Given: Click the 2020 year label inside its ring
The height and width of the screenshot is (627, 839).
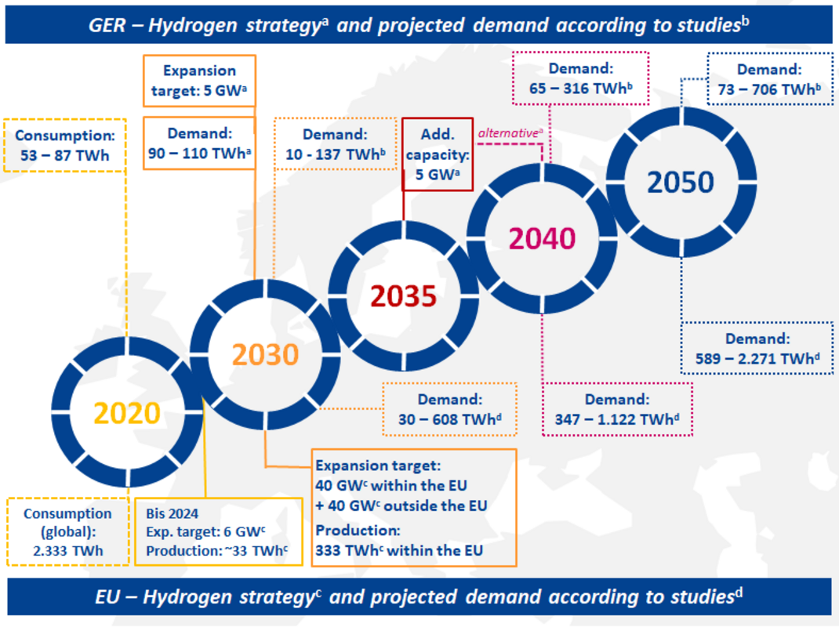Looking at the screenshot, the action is pyautogui.click(x=127, y=413).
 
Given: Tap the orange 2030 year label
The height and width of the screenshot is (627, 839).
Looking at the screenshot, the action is pyautogui.click(x=265, y=355).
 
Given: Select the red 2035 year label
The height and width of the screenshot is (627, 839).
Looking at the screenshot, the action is pyautogui.click(x=404, y=296).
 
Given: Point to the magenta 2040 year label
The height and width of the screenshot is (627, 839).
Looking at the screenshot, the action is pyautogui.click(x=542, y=238).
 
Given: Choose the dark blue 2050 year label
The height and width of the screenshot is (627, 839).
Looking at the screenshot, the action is pyautogui.click(x=681, y=183).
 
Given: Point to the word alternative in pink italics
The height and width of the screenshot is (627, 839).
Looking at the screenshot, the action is pyautogui.click(x=508, y=133).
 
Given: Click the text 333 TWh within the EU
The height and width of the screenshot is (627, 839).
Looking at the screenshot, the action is pyautogui.click(x=399, y=550).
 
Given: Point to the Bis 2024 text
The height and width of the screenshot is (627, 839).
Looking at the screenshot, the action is pyautogui.click(x=173, y=513).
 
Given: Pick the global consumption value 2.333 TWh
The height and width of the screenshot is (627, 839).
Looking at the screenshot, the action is pyautogui.click(x=68, y=550).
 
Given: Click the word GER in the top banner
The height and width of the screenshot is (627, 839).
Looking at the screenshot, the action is pyautogui.click(x=107, y=25).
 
